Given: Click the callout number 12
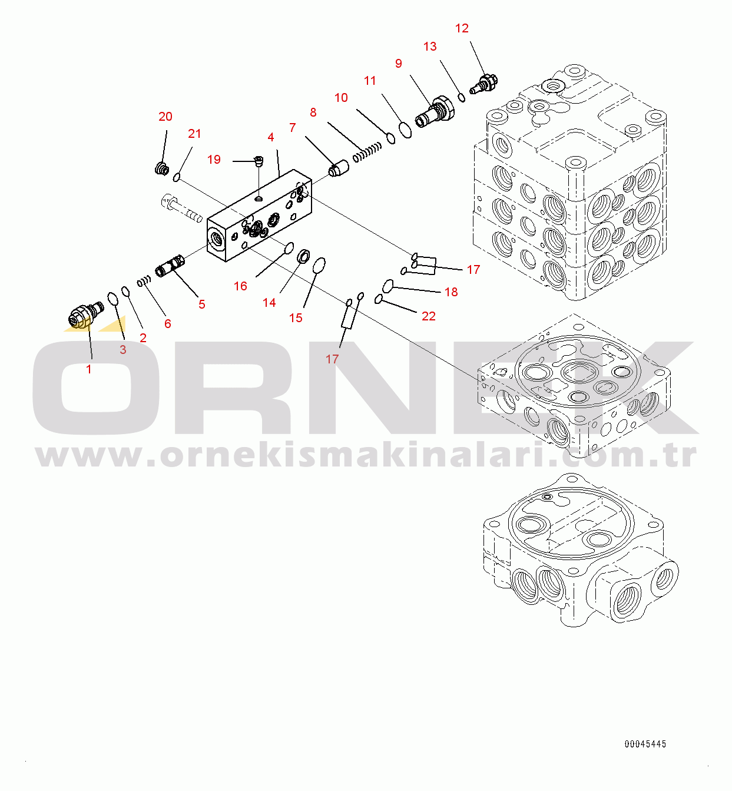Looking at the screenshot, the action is click(x=462, y=28).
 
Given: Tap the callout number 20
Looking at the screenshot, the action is click(x=165, y=117).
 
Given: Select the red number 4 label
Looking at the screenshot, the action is click(x=271, y=137).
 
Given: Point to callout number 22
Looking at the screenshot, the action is click(x=429, y=316).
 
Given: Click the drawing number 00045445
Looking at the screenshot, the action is click(x=645, y=744).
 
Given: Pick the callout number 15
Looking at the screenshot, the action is click(x=296, y=318).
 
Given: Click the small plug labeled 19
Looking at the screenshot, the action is click(x=259, y=161).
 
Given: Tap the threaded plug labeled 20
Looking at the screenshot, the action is click(x=162, y=169).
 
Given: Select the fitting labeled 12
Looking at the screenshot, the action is click(x=484, y=84).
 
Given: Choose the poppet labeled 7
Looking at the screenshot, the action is click(x=339, y=170).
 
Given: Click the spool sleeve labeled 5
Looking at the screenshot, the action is click(x=170, y=266).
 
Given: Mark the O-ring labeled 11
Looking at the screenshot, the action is click(x=405, y=130).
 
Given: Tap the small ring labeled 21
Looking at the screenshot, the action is click(x=177, y=177).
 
